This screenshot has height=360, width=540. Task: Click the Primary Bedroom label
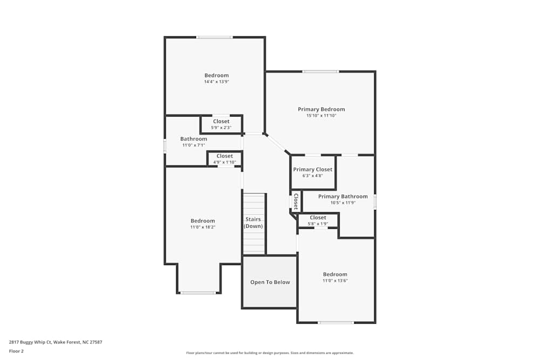(x=321, y=109)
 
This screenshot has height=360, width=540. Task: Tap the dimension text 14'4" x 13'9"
(x=217, y=82)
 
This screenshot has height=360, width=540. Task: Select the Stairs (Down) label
(x=253, y=222)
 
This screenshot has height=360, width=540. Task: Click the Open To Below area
(x=269, y=282)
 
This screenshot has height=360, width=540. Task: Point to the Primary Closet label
(x=313, y=169)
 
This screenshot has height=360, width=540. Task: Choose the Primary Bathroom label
(x=343, y=196)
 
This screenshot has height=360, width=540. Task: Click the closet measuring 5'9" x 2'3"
(x=221, y=125)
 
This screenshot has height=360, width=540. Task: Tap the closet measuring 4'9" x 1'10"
(x=225, y=159)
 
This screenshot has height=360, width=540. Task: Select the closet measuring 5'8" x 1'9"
(x=318, y=220)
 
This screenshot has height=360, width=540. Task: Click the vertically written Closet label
(x=296, y=201)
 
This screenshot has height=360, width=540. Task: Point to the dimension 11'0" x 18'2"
(x=202, y=227)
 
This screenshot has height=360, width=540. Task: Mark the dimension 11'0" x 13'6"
(x=335, y=281)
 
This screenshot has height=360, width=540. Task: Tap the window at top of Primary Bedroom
(x=320, y=71)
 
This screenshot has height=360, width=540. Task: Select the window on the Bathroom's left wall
(x=165, y=146)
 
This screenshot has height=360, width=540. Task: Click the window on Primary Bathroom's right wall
(x=375, y=201)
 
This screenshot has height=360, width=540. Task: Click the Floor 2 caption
(x=16, y=351)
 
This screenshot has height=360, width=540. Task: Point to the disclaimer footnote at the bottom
(x=269, y=353)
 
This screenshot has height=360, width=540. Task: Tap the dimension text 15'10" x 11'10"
(x=321, y=116)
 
